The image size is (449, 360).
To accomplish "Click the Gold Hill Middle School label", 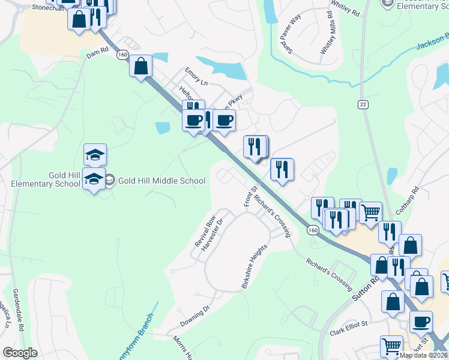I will coord(161,181).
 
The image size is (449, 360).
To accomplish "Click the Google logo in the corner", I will coord(19,353).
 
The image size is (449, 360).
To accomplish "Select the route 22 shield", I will coord(363,104).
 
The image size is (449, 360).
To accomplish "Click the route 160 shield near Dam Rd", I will coord(122,55).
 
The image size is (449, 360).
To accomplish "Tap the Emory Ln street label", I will coord(196,77).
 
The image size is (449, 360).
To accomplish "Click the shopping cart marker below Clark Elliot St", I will coord(391,346).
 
